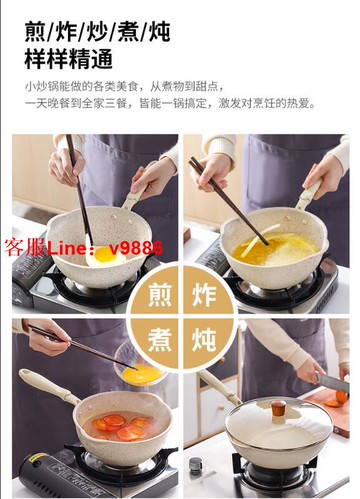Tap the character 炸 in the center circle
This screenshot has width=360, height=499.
pos(202,297)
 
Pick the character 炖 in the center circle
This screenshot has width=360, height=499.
pos(202,340)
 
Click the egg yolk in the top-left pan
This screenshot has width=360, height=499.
pos(104,253)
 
